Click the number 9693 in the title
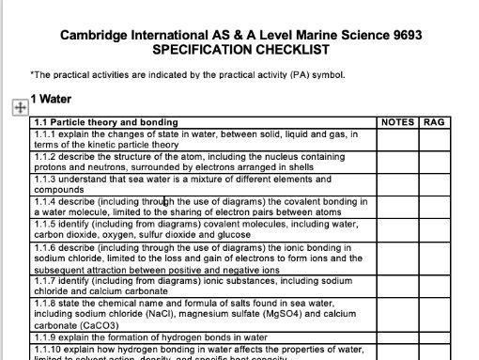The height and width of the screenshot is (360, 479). (406, 36)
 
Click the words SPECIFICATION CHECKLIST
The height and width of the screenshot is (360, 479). (240, 50)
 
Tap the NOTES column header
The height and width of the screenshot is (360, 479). (397, 122)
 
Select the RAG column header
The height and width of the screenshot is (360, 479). (434, 122)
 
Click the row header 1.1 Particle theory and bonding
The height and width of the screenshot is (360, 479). (105, 122)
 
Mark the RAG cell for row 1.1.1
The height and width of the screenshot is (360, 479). (434, 139)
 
